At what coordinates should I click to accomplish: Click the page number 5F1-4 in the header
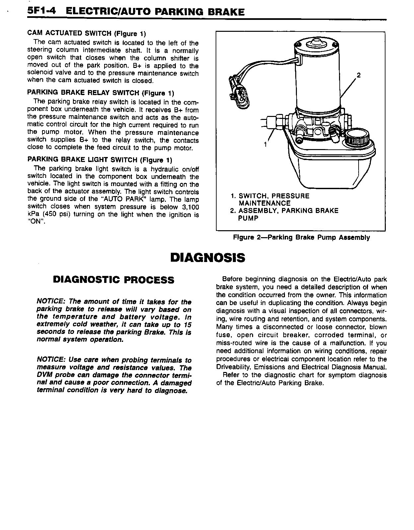coord(41,12)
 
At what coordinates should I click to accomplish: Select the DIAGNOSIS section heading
coord(207,257)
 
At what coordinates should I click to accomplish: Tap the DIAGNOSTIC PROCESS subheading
coord(113,280)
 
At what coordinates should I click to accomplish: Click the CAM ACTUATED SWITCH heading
coord(86,33)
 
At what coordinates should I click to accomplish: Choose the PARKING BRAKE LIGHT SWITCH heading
coord(100,160)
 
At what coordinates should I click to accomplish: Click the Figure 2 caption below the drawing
coord(301,238)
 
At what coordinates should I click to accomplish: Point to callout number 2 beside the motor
coord(358,75)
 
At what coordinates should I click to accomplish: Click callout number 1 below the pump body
coord(265,144)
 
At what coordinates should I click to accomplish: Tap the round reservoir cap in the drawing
coord(357,136)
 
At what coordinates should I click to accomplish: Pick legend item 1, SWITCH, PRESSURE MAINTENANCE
coord(270,199)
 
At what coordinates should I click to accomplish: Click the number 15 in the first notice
coord(187,325)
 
